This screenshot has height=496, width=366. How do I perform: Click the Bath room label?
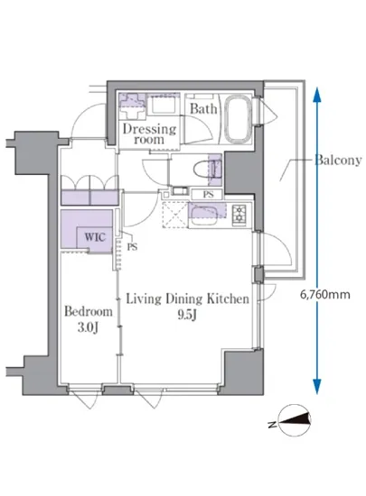[203, 109]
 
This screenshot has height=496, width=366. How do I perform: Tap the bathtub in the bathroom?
[238, 119]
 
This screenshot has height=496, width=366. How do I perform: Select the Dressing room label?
[149, 133]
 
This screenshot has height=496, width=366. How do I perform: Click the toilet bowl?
[202, 169]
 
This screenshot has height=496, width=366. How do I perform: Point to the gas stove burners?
[239, 216]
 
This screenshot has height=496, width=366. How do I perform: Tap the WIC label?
[94, 237]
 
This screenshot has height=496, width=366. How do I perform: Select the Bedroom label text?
[89, 312]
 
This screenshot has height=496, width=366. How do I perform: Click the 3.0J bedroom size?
[88, 327]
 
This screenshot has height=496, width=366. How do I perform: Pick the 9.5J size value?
[187, 315]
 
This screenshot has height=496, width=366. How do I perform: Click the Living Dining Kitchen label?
[188, 299]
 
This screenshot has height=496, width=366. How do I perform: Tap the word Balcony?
[338, 160]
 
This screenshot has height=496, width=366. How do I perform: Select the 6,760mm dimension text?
[325, 295]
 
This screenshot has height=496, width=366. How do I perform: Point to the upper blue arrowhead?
[317, 95]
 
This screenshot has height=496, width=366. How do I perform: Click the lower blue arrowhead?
[317, 387]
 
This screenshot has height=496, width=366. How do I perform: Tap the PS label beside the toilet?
[208, 195]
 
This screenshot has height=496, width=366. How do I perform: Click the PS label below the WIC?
[132, 246]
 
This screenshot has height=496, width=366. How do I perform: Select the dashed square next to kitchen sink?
[175, 215]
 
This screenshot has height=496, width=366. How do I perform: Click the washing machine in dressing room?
[163, 106]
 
